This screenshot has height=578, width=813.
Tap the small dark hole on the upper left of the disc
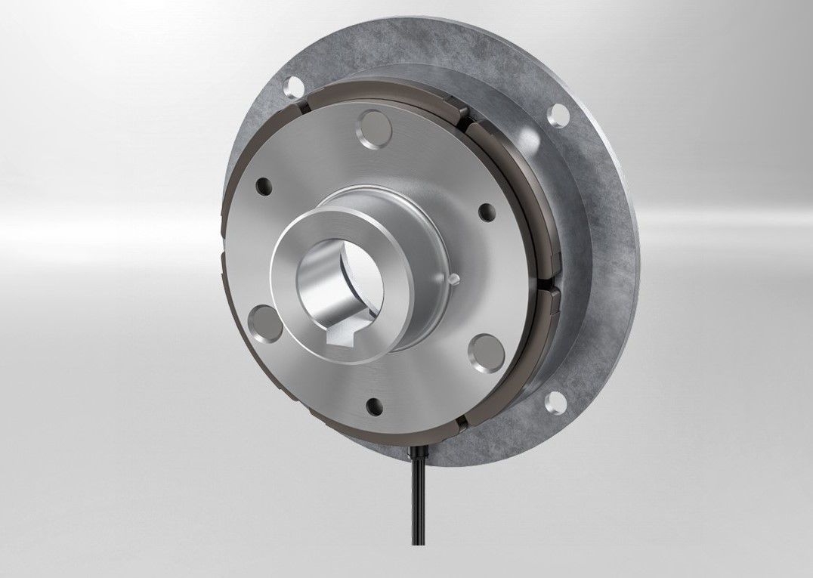coord(264,184)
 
